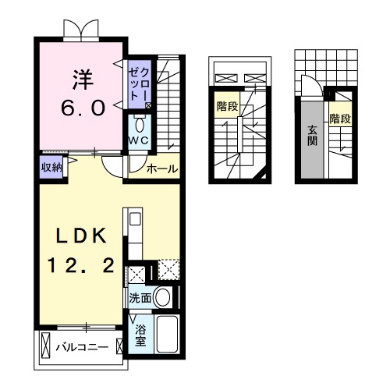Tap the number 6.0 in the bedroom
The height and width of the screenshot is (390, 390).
tap(83, 108)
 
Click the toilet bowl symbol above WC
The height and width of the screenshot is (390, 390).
tap(140, 125)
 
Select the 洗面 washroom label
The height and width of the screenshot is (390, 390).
tap(140, 297)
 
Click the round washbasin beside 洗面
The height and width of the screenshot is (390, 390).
tap(163, 297)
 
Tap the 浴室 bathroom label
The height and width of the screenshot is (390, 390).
tap(139, 334)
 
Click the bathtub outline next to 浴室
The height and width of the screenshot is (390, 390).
tap(168, 334)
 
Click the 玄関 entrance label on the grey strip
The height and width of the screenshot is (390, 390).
tap(312, 136)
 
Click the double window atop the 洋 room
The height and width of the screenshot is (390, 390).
tap(81, 30)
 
